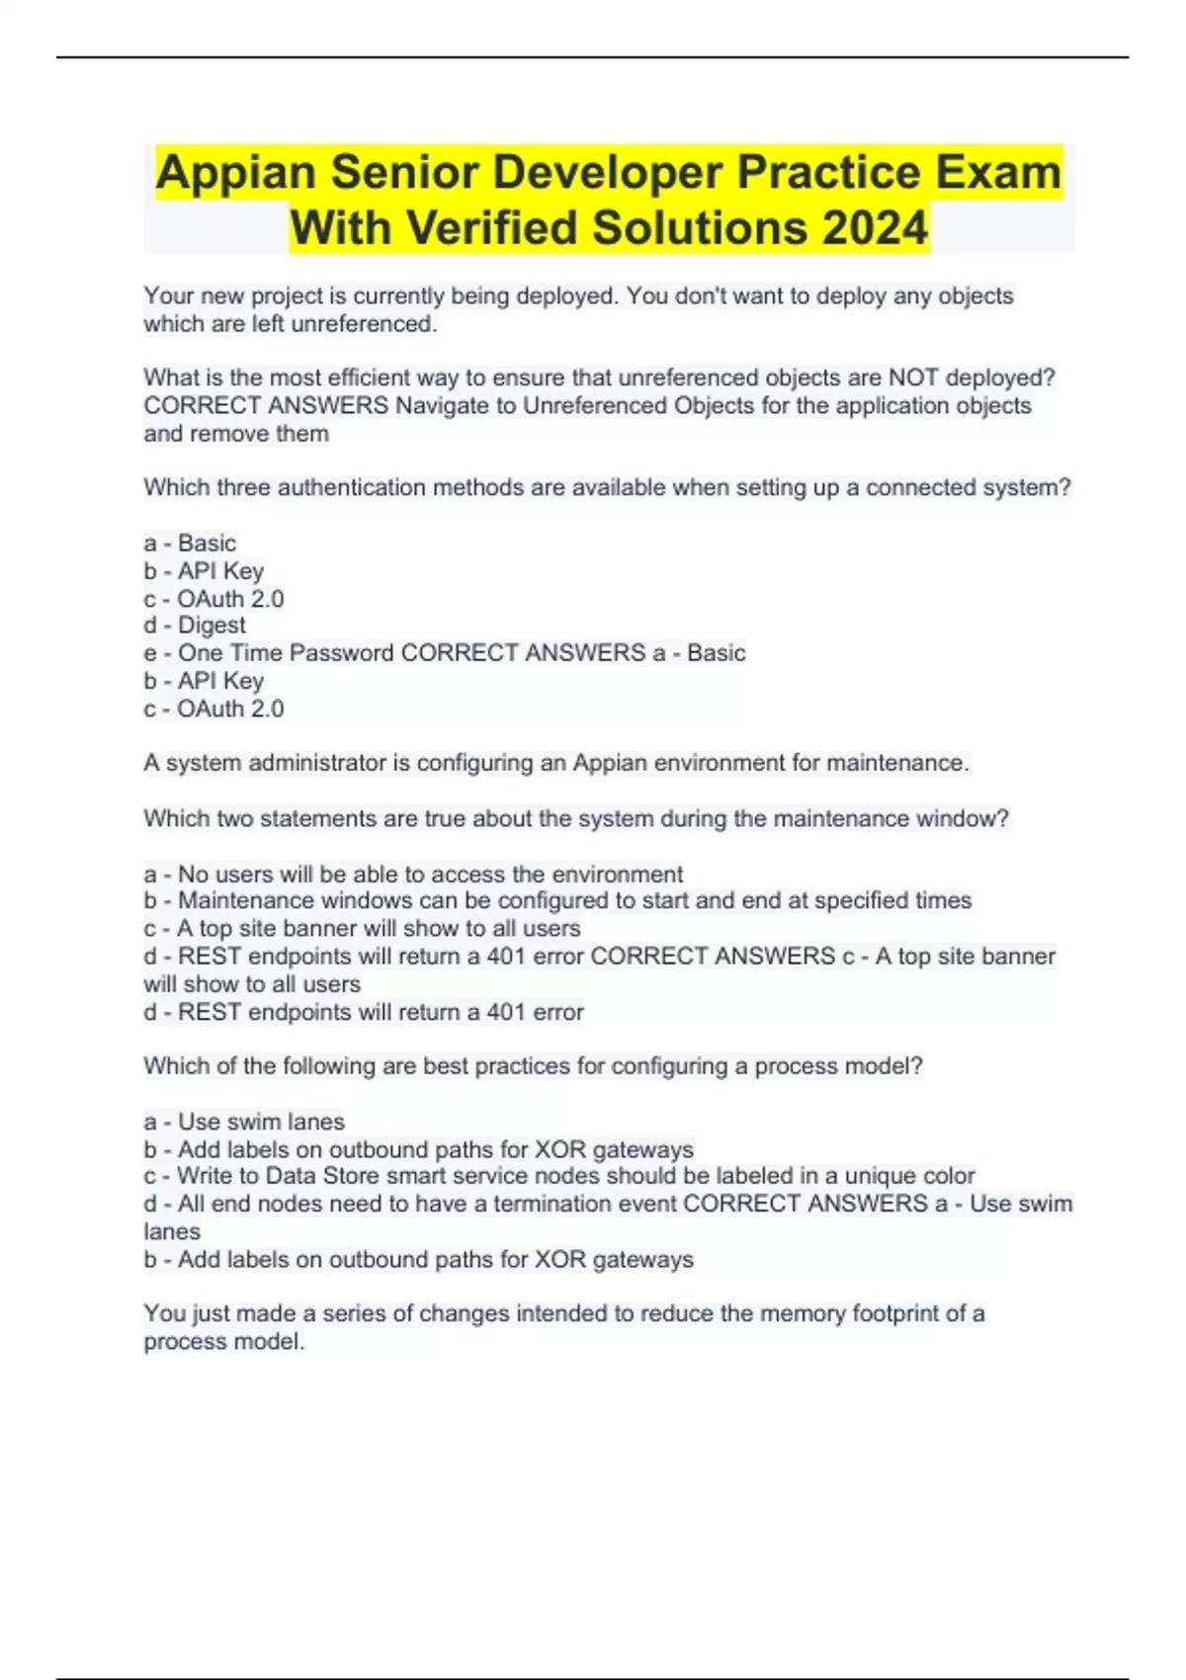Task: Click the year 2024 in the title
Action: [874, 227]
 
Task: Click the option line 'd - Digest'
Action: [195, 626]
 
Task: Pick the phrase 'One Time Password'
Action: [287, 653]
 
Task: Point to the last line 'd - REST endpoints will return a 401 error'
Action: [364, 1012]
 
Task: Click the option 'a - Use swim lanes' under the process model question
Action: [244, 1122]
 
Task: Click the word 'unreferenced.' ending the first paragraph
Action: [364, 324]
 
